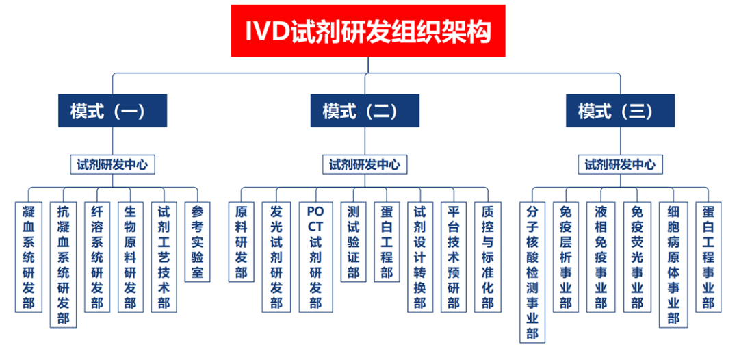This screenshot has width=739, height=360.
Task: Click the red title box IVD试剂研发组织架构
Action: coord(368,31)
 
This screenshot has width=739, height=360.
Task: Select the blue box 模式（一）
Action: coord(112,110)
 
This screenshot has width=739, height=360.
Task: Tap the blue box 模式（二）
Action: coord(365,110)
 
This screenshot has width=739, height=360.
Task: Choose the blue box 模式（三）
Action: coord(620,110)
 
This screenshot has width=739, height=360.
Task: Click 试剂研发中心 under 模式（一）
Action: coord(112,164)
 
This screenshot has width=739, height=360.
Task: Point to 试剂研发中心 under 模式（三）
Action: coord(620,164)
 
